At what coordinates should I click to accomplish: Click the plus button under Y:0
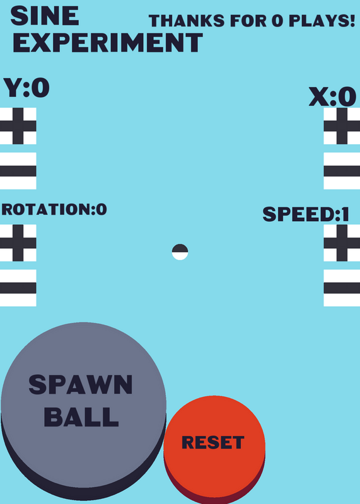tap(18, 126)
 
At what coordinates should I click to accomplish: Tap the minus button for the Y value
tap(18, 171)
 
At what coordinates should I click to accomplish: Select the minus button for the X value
tap(342, 171)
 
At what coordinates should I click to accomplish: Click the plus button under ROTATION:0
tap(18, 243)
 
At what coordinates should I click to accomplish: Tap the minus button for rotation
tap(18, 288)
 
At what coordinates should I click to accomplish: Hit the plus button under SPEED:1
tap(342, 243)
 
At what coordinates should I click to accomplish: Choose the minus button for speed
tap(342, 288)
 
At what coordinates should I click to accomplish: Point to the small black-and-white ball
tap(180, 252)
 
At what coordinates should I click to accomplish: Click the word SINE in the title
tap(45, 16)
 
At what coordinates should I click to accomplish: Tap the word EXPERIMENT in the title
tap(108, 43)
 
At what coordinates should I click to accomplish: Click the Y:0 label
tap(26, 88)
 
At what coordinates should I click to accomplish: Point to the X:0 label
tap(332, 97)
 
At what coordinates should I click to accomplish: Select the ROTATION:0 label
tap(54, 209)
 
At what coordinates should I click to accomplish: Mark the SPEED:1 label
tap(306, 214)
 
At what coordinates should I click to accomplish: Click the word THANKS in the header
tap(187, 21)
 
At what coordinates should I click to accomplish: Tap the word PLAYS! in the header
tap(322, 21)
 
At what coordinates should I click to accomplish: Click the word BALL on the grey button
tap(81, 417)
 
